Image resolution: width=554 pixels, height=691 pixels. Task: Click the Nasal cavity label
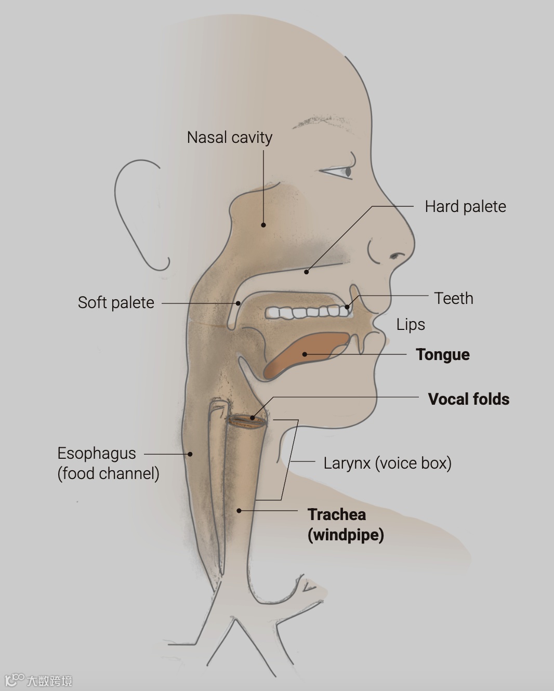230,138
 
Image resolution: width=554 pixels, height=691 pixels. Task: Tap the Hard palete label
465,207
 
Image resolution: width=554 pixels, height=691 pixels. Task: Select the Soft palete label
116,302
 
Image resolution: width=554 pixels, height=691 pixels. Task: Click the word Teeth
454,298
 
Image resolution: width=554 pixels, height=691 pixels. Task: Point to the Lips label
411,325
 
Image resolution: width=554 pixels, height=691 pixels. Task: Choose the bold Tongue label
442,355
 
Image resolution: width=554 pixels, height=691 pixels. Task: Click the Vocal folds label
468,399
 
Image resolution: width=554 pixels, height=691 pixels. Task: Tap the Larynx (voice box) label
387,463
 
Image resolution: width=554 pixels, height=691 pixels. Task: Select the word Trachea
337,514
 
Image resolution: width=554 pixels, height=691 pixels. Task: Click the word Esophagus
97,453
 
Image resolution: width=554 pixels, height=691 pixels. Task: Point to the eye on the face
347,171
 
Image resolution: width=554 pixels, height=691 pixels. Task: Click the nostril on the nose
398,256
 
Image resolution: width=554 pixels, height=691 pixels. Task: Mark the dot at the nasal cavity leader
263,225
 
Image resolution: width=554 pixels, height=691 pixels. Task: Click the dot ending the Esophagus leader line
190,454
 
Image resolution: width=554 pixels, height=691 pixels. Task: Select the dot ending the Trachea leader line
239,511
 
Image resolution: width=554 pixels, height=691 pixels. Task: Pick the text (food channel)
108,473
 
